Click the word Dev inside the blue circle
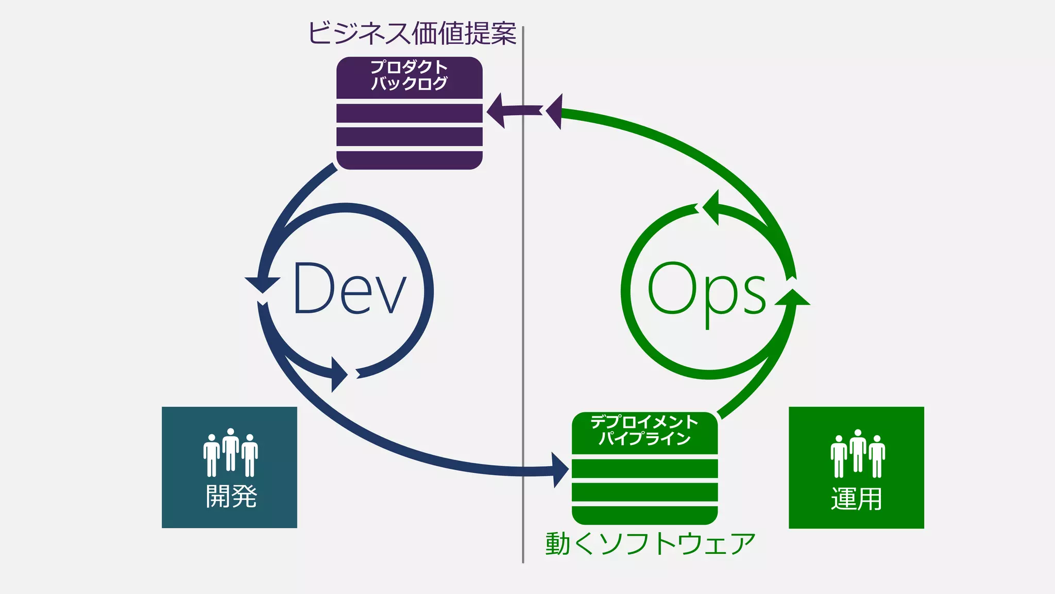click(350, 288)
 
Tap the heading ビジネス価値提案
click(412, 34)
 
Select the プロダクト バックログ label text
click(410, 75)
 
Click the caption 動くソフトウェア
click(650, 544)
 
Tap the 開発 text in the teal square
click(231, 497)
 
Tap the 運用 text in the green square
click(856, 499)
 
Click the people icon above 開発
click(230, 453)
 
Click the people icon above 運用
click(857, 454)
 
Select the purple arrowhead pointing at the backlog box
click(497, 110)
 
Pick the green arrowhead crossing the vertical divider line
click(555, 111)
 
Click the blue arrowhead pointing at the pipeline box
click(559, 470)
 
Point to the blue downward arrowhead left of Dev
click(263, 285)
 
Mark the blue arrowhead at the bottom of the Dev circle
click(339, 374)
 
